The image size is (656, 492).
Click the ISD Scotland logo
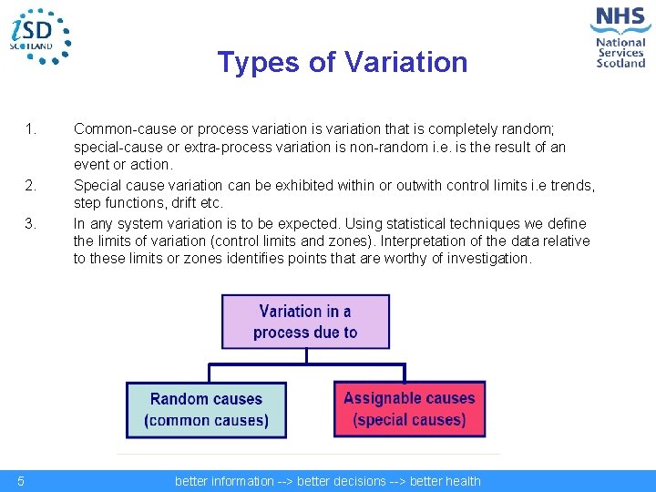pyautogui.click(x=39, y=36)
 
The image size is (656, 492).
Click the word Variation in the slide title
pyautogui.click(x=405, y=63)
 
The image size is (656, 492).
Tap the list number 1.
pyautogui.click(x=31, y=129)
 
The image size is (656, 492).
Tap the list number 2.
pyautogui.click(x=31, y=186)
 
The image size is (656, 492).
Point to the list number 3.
pyautogui.click(x=31, y=223)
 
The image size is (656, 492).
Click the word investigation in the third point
pyautogui.click(x=487, y=258)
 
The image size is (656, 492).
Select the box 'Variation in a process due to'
pyautogui.click(x=305, y=322)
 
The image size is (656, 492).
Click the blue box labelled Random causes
pyautogui.click(x=206, y=410)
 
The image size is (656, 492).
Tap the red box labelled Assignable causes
pyautogui.click(x=409, y=409)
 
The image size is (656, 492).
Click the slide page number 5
pyautogui.click(x=20, y=481)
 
